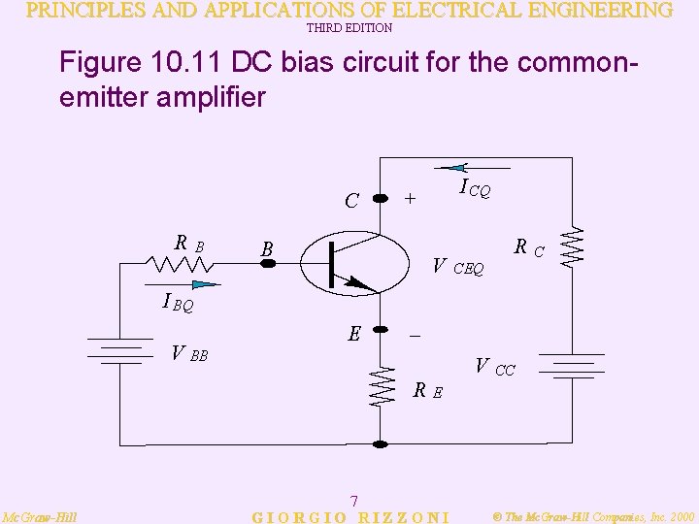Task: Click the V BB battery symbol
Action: pos(119,349)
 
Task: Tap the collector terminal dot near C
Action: pos(381,198)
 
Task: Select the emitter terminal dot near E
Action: pos(381,331)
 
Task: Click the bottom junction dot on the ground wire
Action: pos(381,443)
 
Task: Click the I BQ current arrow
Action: pos(202,284)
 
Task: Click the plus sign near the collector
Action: pos(411,198)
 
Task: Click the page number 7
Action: pos(353,501)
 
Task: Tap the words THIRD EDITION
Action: pos(349,28)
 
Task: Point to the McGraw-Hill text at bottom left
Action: pos(40,516)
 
